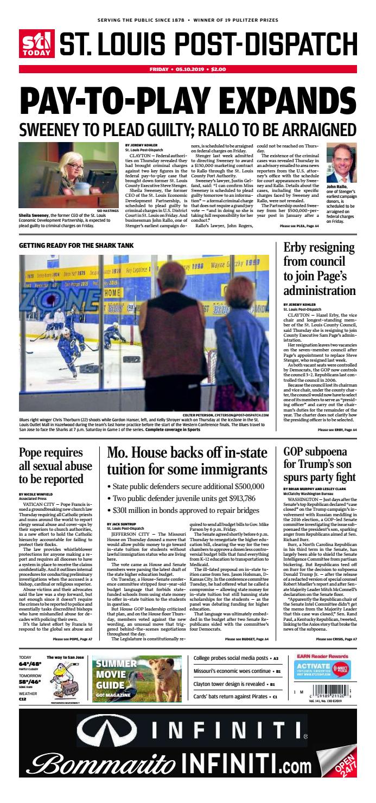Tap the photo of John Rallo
tap(341, 163)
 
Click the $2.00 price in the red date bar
tap(218, 69)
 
